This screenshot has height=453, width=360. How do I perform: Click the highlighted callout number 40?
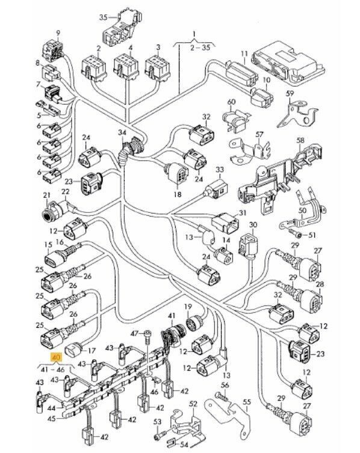(56, 358)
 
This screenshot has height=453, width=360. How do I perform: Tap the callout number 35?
(103, 17)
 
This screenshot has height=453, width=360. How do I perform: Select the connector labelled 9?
(53, 51)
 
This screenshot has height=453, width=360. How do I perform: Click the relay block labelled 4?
(126, 67)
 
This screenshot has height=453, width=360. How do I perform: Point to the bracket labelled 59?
(296, 114)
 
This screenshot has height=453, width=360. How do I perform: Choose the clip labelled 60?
(235, 119)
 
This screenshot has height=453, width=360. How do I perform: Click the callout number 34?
(122, 133)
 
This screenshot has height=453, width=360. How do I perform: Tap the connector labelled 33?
(216, 190)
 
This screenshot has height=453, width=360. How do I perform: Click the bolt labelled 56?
(221, 396)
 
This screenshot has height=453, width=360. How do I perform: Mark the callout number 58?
(300, 141)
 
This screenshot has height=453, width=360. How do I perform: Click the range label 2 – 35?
(200, 47)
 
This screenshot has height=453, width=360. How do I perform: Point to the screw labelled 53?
(160, 434)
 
